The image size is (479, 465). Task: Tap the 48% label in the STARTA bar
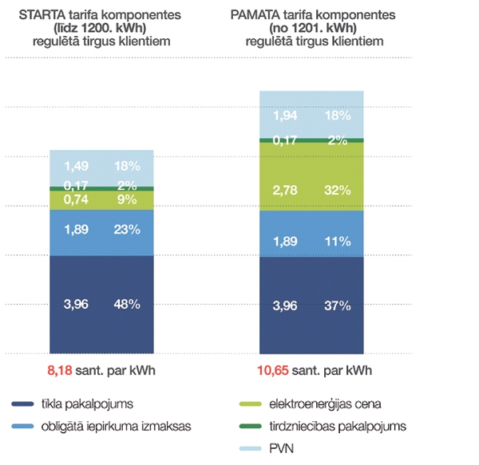point(126,304)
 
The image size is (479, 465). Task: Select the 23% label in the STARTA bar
point(126,231)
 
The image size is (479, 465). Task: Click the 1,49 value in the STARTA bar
point(77,167)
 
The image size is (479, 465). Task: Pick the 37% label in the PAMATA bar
point(337,304)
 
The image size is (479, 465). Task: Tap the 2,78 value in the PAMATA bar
point(287,190)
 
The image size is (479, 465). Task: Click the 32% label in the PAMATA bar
point(337,190)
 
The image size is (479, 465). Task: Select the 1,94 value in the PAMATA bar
point(287,115)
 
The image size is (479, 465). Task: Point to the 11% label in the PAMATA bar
point(337,242)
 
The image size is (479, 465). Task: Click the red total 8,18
point(64,371)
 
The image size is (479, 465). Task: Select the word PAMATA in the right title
point(257,15)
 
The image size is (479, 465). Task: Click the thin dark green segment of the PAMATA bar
point(311,140)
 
